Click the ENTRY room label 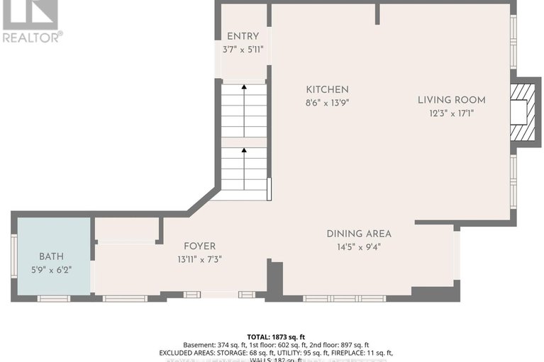pos(243,36)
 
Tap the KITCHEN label pos(327,89)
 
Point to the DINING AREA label pos(359,234)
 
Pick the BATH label pos(51,256)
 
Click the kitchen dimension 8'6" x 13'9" pos(327,102)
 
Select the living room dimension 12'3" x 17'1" pos(451,112)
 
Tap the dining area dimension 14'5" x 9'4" pos(359,247)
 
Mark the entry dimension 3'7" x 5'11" pos(243,49)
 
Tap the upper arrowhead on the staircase pos(244,87)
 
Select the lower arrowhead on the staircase pos(244,150)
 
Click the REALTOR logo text pos(32,36)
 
